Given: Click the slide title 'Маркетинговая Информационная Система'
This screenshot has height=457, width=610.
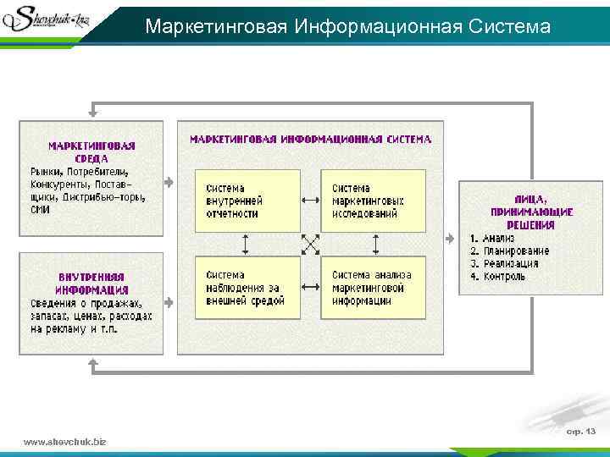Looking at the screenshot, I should [x=347, y=27].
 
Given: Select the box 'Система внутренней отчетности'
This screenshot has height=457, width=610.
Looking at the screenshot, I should [x=247, y=201].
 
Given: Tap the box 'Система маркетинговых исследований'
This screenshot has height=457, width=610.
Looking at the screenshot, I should [x=373, y=201].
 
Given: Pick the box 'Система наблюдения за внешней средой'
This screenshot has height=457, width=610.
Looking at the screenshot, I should [x=247, y=287].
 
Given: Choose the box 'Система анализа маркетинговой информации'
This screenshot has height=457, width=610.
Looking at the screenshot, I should [x=373, y=287].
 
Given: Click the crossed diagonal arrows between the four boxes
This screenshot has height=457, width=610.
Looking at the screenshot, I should [x=310, y=244].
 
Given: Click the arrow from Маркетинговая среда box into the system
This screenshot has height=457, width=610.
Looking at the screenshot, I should [x=169, y=182].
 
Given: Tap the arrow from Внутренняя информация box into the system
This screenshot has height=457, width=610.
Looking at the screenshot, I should [x=169, y=302].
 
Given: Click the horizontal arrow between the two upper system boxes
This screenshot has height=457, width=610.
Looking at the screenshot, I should [x=310, y=201].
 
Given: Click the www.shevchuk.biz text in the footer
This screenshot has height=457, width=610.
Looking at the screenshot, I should [x=65, y=442].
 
